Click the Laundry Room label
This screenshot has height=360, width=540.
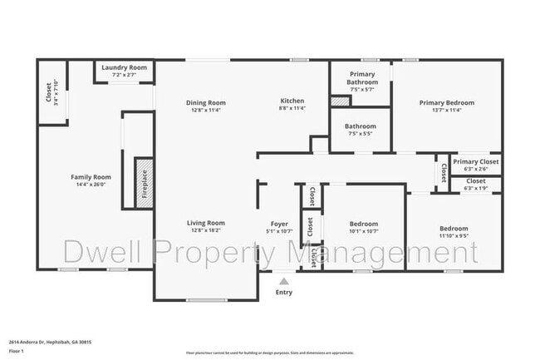point(124,67)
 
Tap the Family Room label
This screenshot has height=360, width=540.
point(91,177)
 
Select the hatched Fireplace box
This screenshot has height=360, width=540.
point(142,181)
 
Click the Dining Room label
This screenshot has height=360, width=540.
point(206,103)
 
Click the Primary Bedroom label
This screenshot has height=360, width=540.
point(446,103)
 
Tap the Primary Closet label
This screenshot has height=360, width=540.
point(476,162)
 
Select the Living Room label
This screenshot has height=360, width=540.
point(205,223)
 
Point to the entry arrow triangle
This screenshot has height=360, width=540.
point(284,281)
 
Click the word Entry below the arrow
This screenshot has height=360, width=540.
point(284,292)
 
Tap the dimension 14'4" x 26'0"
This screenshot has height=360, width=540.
point(91,185)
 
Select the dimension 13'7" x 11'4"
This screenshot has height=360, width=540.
point(446,110)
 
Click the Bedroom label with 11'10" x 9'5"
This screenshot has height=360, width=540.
point(454,229)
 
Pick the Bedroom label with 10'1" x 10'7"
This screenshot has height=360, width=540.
point(363,224)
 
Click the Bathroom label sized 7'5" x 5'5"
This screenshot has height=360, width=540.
point(361,126)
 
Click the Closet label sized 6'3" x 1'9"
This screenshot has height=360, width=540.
point(476,180)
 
